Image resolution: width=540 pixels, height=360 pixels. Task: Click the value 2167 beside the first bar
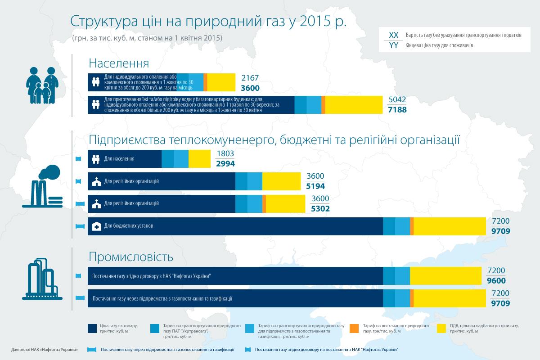pyautogui.click(x=250, y=78)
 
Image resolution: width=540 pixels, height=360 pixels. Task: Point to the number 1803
pyautogui.click(x=225, y=154)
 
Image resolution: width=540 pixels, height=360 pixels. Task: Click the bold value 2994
pyautogui.click(x=225, y=164)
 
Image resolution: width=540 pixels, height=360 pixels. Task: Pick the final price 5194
pyautogui.click(x=315, y=186)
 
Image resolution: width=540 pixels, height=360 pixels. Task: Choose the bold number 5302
pyautogui.click(x=320, y=209)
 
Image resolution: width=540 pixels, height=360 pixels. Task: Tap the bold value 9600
pyautogui.click(x=496, y=280)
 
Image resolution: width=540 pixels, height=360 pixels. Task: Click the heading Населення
pyautogui.click(x=118, y=63)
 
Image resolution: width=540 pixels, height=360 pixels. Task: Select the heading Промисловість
pyautogui.click(x=131, y=257)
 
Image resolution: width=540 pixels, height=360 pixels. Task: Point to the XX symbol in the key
pyautogui.click(x=393, y=35)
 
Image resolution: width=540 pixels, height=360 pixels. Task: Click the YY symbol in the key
pyautogui.click(x=393, y=45)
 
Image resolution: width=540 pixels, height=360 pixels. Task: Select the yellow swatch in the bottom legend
pyautogui.click(x=441, y=328)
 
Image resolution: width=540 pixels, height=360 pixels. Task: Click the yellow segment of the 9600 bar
pyautogui.click(x=445, y=276)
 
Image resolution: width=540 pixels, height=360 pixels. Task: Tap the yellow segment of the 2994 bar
pyautogui.click(x=199, y=159)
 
